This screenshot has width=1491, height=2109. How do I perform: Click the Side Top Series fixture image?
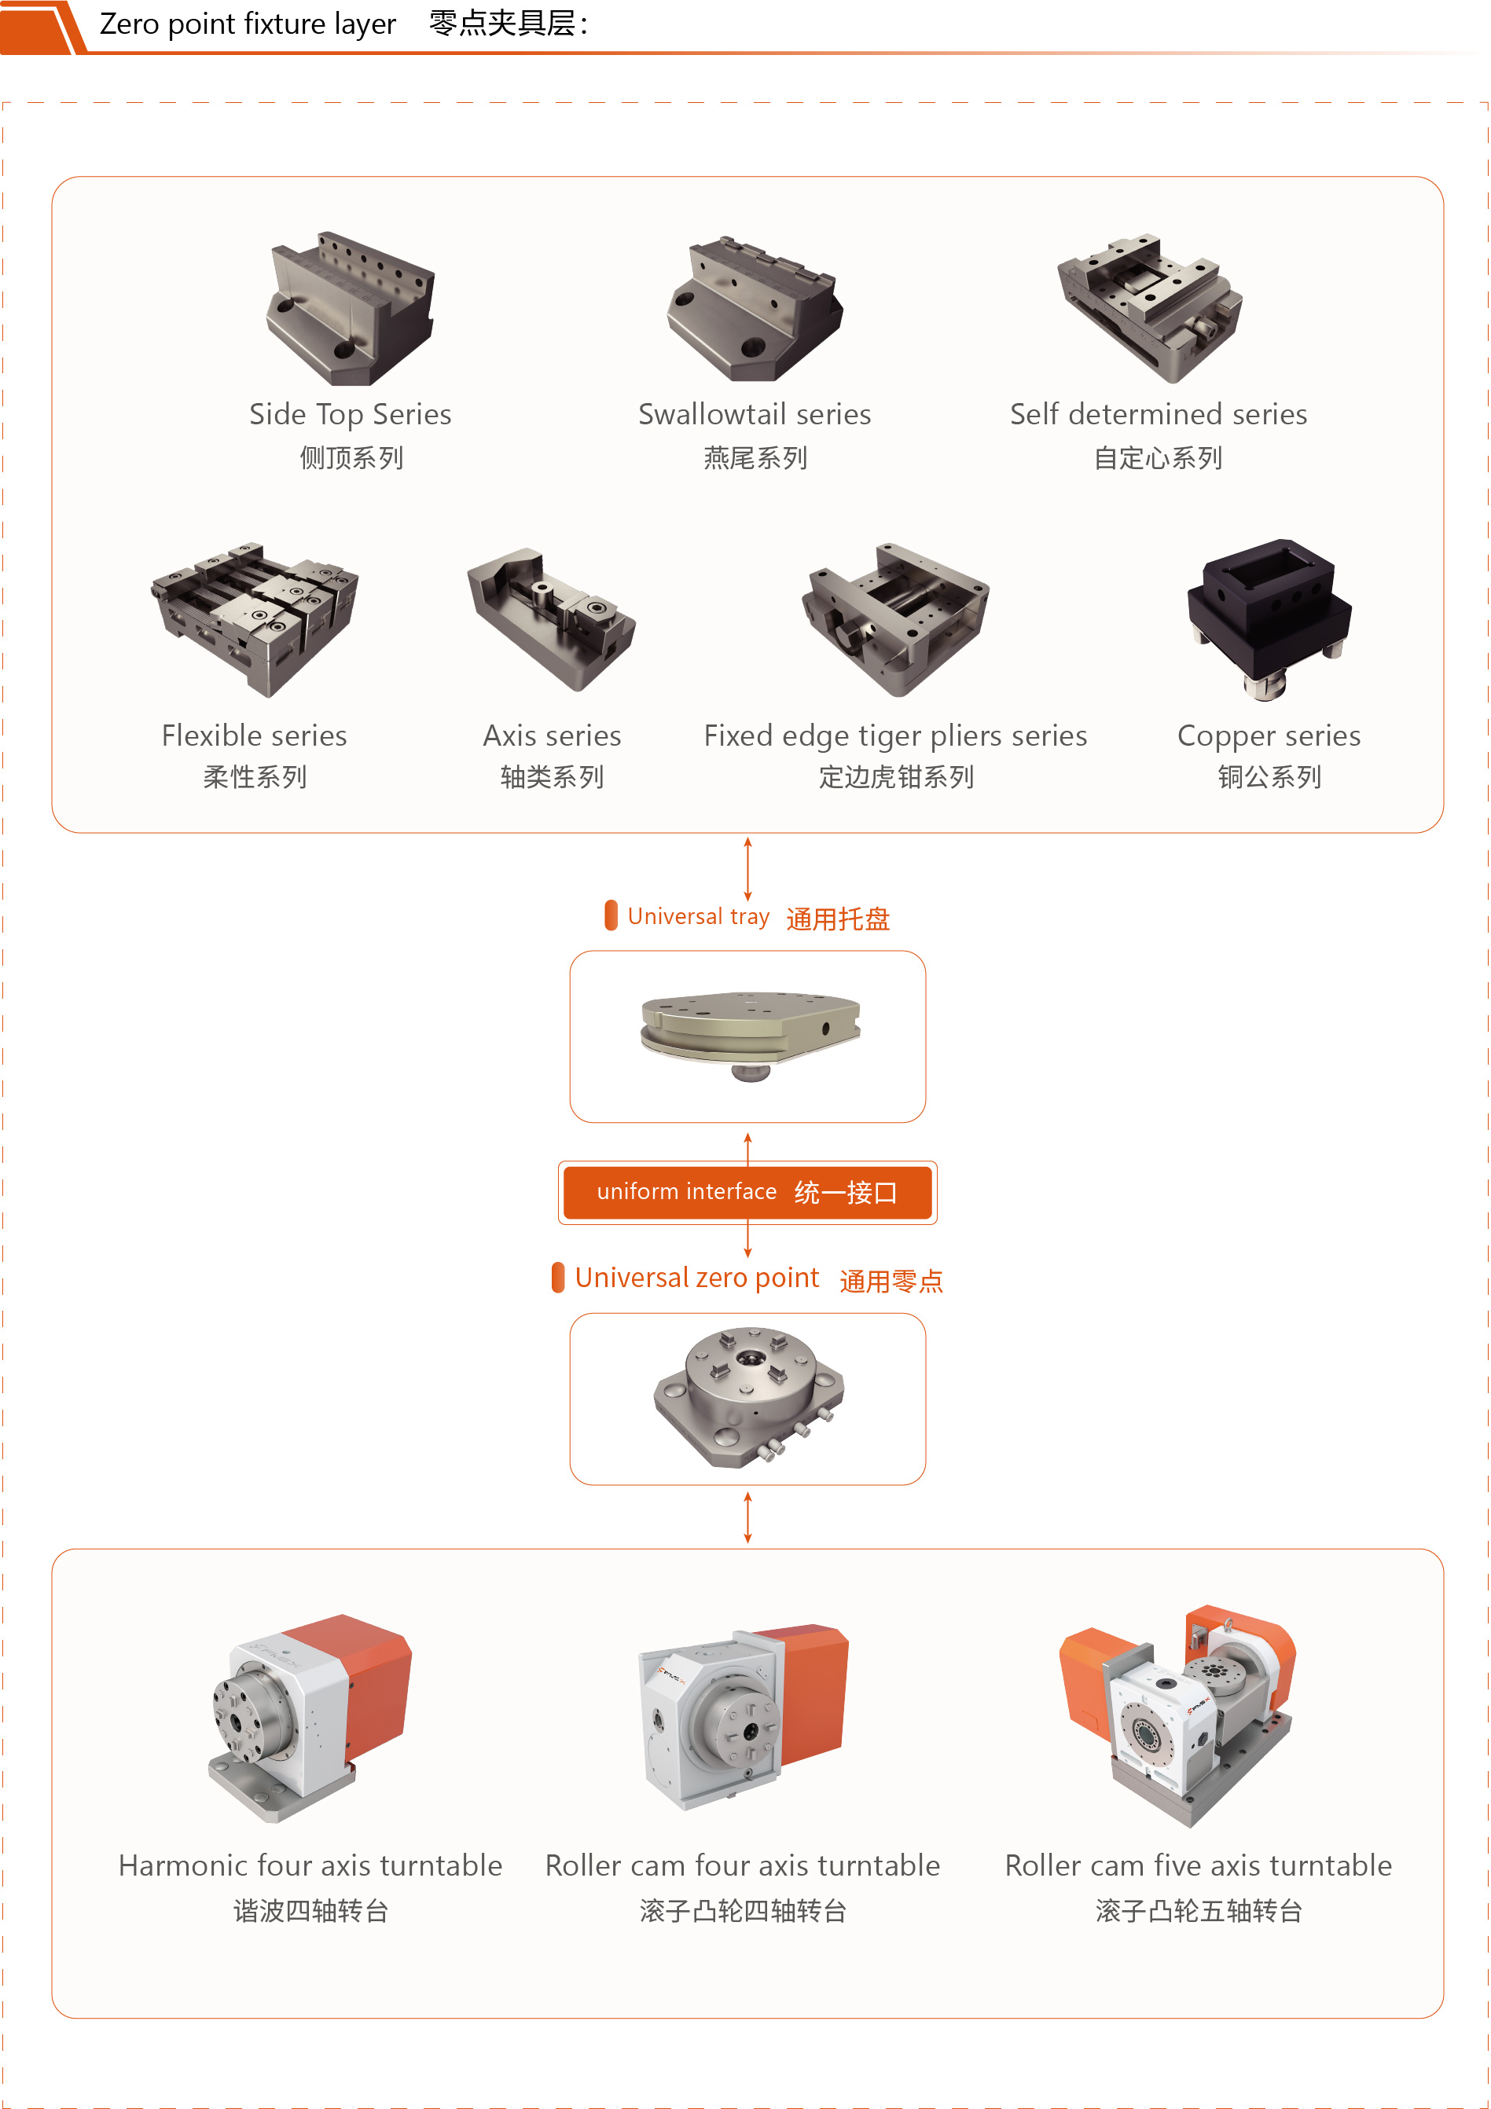[350, 308]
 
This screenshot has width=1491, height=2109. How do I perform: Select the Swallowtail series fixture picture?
[755, 309]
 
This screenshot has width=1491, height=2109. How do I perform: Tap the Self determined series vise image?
[1149, 308]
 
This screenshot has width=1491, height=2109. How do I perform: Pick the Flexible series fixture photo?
[255, 618]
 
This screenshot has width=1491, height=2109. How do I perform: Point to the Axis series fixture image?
[551, 618]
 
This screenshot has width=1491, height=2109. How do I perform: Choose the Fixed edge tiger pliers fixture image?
[896, 618]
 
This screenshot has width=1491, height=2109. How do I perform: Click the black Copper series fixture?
[1269, 618]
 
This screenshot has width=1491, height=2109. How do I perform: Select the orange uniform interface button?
[747, 1191]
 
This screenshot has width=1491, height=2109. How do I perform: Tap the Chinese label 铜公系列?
[1269, 777]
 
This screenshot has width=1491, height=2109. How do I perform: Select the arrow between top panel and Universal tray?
[747, 868]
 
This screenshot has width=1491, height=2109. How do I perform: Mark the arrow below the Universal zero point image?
[747, 1517]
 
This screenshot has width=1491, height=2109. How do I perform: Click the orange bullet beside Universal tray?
[611, 915]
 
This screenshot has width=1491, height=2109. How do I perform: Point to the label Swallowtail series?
[755, 414]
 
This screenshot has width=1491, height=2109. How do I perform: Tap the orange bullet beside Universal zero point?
[557, 1277]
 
